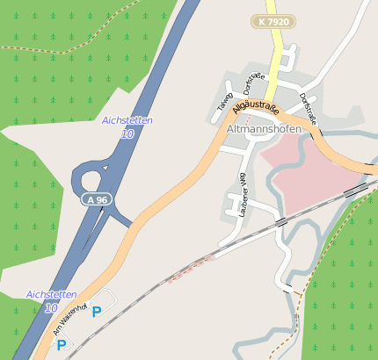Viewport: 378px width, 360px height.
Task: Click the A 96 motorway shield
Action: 97,199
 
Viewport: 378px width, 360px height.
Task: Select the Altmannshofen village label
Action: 264,129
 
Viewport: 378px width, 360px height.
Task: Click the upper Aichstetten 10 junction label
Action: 127,127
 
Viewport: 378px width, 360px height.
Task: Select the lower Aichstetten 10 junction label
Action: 51,301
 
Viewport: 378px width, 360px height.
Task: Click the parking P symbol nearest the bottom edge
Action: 61,345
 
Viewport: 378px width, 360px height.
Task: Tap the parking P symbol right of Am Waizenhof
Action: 97,311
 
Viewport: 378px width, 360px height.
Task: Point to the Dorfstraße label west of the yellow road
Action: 253,85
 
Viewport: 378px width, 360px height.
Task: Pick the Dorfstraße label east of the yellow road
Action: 307,107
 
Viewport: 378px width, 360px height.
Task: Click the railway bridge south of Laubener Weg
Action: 280,222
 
